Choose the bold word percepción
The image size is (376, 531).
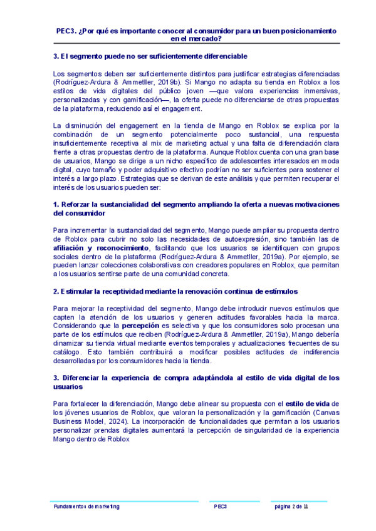click(140, 326)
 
